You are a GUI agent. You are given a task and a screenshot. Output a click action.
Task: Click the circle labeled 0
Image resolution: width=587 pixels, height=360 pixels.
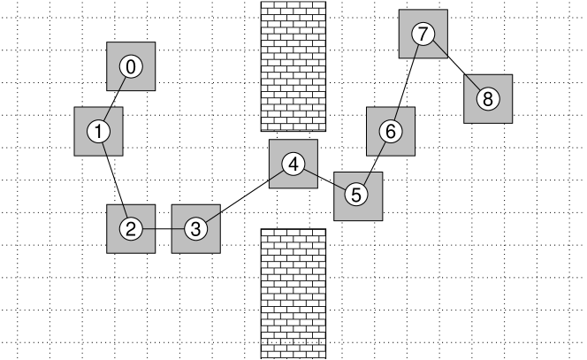coord(131,66)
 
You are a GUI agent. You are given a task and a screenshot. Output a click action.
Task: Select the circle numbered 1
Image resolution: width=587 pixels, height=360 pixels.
coord(98,132)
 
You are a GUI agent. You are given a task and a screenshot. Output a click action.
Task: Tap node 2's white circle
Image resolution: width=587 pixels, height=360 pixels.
coord(131,229)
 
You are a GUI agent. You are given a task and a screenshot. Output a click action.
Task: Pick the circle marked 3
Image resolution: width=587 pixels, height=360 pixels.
coord(195,229)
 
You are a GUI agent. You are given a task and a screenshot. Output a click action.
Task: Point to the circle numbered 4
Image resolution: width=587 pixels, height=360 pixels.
coord(293,164)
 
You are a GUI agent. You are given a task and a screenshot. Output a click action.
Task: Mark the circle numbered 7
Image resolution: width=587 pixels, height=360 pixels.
coord(423,34)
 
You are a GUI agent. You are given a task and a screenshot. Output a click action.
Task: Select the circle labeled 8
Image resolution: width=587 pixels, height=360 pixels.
coord(487,99)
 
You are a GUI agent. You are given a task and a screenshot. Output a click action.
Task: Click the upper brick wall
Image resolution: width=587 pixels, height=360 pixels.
coord(293,66)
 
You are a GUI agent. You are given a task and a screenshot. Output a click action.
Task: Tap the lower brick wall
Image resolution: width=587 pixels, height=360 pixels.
coord(293,294)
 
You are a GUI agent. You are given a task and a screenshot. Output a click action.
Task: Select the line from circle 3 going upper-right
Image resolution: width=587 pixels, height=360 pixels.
coord(211,216)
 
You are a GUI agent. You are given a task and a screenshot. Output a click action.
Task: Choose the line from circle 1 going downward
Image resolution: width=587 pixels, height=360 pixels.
coord(103,148)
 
